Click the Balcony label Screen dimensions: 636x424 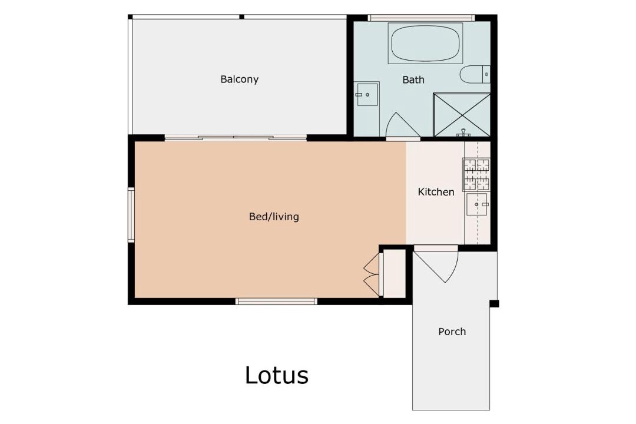[239, 79]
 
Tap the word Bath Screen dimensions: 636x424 [413, 79]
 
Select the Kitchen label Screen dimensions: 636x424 [436, 191]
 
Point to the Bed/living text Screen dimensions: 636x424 [274, 217]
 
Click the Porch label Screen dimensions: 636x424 [452, 332]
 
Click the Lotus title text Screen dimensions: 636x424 [277, 375]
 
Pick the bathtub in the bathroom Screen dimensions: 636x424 [425, 43]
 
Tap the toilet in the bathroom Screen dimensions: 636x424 [475, 74]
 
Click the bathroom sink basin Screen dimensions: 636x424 [367, 95]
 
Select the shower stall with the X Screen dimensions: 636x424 [462, 115]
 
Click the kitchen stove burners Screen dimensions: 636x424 [476, 174]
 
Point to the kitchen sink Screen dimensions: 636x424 [477, 204]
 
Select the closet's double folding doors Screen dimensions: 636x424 [372, 274]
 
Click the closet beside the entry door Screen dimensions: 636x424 [394, 274]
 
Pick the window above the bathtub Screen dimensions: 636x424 [421, 18]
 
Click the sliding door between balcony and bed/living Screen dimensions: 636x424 [236, 138]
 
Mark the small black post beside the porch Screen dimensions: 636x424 [494, 303]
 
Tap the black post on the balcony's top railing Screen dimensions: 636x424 [242, 16]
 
